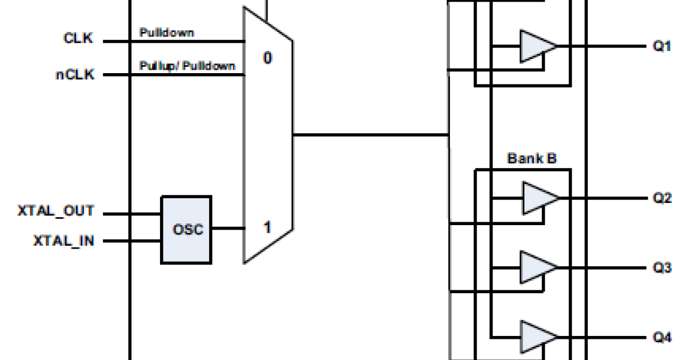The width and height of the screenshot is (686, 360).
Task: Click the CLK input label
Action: [x=78, y=40]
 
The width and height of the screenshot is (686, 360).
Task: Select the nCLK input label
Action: [x=74, y=74]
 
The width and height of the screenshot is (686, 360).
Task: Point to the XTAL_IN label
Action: [x=63, y=241]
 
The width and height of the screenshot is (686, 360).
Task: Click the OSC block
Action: [x=186, y=230]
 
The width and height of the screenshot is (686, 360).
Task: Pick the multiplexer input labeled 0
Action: [x=268, y=57]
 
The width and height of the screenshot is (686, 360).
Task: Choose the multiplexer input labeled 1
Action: [x=267, y=227]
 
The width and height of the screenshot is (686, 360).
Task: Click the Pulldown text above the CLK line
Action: [x=166, y=33]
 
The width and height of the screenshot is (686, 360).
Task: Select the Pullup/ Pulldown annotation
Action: [x=187, y=66]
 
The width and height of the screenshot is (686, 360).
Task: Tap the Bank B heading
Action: [x=532, y=158]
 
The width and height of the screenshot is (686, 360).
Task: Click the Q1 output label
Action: [x=662, y=47]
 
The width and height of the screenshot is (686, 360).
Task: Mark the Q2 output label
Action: [x=662, y=198]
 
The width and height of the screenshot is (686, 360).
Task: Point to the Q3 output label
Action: [x=662, y=267]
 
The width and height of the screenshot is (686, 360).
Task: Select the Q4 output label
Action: [x=662, y=337]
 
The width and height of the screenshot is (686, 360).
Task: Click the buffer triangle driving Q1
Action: [x=535, y=46]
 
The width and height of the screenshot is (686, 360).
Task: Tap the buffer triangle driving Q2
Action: [x=537, y=198]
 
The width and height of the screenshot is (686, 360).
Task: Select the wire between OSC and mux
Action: [x=228, y=228]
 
